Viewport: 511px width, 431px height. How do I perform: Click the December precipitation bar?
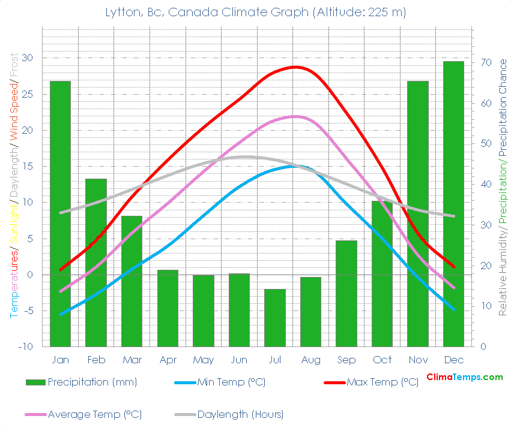tap(453, 204)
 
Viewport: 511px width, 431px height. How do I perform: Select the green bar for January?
tap(60, 213)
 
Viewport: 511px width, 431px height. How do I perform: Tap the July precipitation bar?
tap(274, 318)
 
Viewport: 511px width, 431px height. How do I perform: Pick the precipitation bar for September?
tap(346, 293)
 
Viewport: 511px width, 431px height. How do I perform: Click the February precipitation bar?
tap(95, 263)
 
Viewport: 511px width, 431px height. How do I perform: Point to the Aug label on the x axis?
tap(310, 360)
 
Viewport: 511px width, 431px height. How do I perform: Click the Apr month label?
tap(168, 360)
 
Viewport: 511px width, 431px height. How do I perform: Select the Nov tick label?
tap(418, 360)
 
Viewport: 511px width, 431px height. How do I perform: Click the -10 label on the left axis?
tap(25, 346)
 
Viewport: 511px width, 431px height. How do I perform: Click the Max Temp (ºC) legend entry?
tap(382, 382)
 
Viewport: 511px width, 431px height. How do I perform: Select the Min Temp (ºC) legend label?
tap(231, 382)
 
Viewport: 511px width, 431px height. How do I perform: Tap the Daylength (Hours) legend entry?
tap(240, 414)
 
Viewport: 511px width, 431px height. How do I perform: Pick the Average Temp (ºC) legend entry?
tap(94, 414)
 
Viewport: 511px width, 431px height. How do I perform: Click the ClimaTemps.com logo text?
tap(464, 377)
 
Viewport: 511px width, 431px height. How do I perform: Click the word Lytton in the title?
tap(125, 13)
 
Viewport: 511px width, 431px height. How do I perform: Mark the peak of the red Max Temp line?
tap(294, 67)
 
